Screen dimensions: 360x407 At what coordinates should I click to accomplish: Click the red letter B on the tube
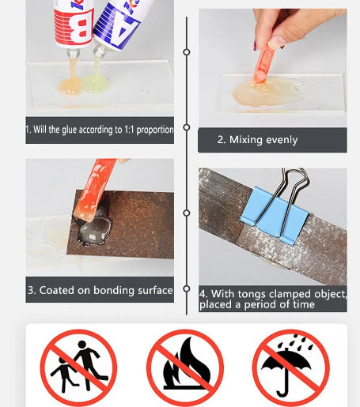(x=79, y=28)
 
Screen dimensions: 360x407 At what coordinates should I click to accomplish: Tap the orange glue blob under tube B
(x=70, y=85)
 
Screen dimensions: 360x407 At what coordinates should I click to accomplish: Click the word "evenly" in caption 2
(x=282, y=140)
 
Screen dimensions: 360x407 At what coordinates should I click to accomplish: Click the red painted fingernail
(x=256, y=45)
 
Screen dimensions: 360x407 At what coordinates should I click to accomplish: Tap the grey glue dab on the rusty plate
(x=94, y=229)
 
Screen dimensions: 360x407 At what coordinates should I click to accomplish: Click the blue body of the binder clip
(x=274, y=215)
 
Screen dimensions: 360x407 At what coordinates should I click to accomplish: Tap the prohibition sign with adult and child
(x=78, y=367)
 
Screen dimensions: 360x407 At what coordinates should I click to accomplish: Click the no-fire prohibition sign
(x=185, y=367)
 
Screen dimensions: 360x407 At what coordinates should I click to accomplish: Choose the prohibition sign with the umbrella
(x=291, y=367)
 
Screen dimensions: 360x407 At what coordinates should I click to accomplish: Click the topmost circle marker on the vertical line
(x=187, y=52)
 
